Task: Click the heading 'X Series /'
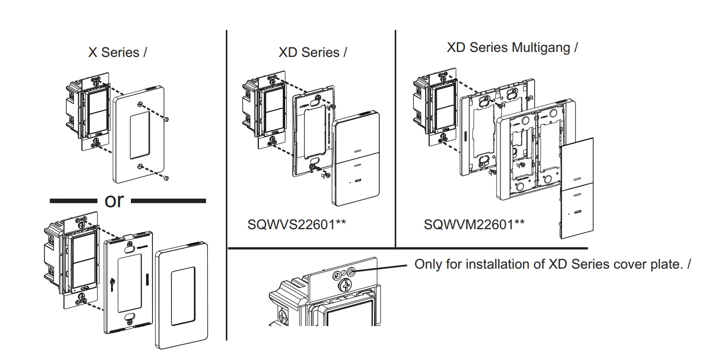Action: click(117, 52)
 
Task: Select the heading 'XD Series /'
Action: click(313, 52)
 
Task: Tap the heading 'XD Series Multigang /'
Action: click(512, 48)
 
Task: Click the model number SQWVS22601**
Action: click(297, 225)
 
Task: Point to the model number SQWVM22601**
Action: click(474, 225)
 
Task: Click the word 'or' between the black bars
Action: click(114, 200)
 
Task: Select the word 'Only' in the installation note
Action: click(428, 264)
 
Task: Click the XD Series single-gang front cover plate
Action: click(356, 160)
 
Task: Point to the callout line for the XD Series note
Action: click(382, 267)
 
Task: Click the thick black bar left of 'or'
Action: click(73, 201)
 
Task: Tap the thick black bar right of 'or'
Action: click(168, 201)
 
